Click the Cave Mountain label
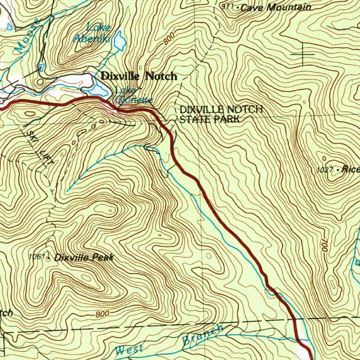click(276, 7)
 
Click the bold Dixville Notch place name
click(139, 76)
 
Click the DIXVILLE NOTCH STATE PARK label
click(221, 114)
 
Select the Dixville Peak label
click(84, 257)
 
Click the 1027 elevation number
click(324, 170)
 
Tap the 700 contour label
click(324, 245)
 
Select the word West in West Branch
click(129, 350)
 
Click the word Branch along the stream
click(202, 335)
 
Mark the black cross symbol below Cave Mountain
click(303, 54)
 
